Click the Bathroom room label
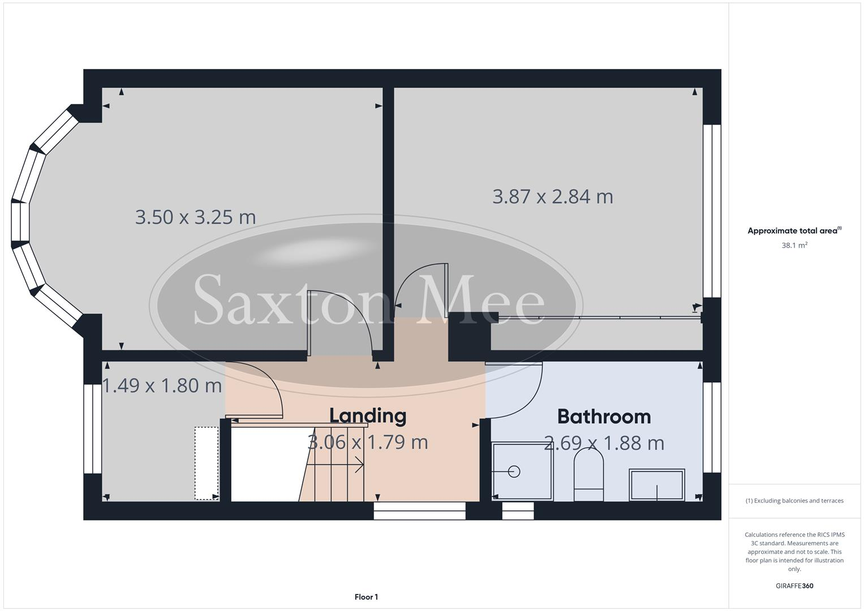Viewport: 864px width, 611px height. [604, 417]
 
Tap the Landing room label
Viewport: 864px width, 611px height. [368, 416]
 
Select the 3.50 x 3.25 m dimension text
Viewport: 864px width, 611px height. [195, 217]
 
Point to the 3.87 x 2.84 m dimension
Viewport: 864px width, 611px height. [553, 197]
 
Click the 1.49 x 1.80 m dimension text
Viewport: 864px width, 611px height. [162, 386]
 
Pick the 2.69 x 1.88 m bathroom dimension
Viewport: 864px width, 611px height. [604, 443]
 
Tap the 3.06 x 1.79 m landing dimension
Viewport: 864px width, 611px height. [368, 442]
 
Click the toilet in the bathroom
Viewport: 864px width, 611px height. [588, 475]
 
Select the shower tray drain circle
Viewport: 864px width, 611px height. [514, 471]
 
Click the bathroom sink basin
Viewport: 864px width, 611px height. [657, 484]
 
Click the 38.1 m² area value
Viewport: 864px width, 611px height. [794, 246]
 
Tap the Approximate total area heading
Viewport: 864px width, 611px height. [794, 231]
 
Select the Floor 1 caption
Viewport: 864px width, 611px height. [366, 597]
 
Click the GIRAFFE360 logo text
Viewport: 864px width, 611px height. [794, 586]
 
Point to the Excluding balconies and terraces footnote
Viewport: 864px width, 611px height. [794, 501]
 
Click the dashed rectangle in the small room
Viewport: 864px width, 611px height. [207, 463]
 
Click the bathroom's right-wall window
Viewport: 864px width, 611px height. [712, 427]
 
